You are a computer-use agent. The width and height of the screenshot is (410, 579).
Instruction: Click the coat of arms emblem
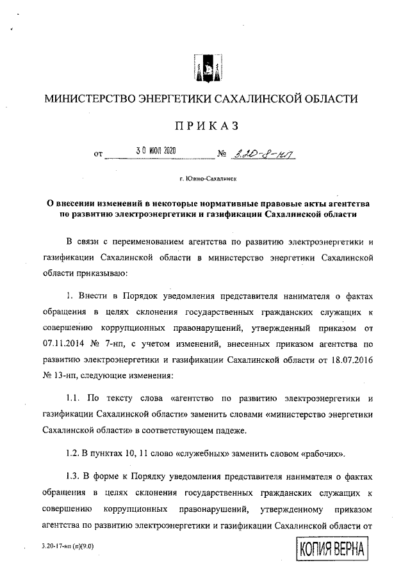click(204, 69)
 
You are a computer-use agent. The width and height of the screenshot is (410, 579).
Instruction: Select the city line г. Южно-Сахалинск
click(205, 180)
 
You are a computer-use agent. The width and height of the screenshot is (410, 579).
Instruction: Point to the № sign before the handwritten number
click(224, 154)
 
